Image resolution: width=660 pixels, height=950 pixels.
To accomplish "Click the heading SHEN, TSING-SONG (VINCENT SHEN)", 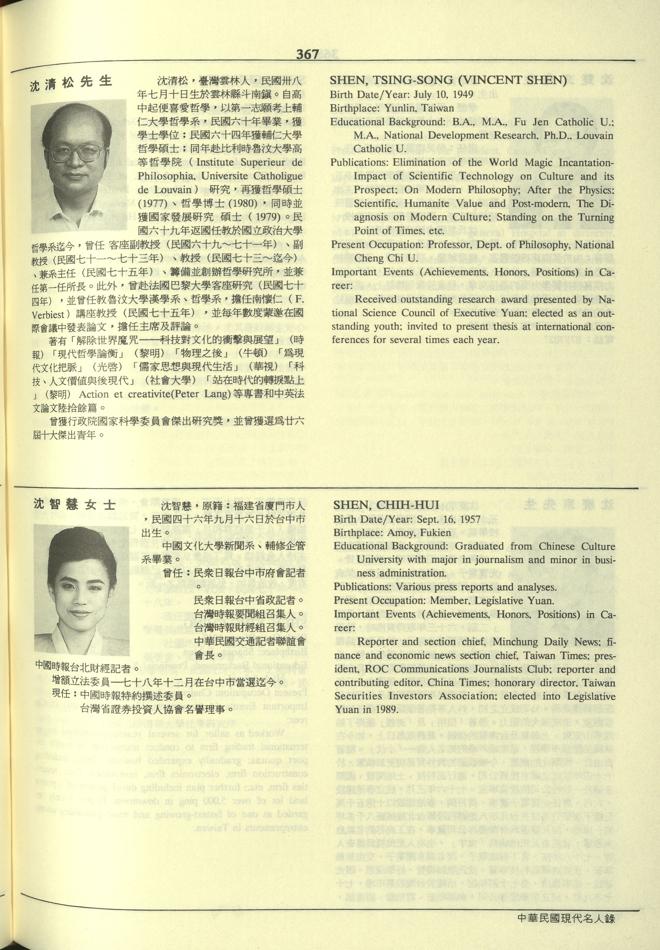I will point(448,80).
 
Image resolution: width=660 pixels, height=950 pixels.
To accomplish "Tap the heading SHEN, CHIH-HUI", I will point(386,505).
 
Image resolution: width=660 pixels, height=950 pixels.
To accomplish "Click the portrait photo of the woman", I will point(82,589).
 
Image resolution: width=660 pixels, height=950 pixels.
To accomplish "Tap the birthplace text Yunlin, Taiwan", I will point(419,108).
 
